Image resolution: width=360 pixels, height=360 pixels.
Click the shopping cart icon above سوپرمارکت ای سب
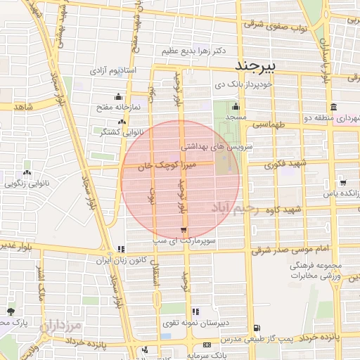[184, 231]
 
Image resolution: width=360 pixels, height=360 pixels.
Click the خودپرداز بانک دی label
[243, 84]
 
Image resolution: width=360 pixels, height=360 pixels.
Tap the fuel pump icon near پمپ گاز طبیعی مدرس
[256, 327]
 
